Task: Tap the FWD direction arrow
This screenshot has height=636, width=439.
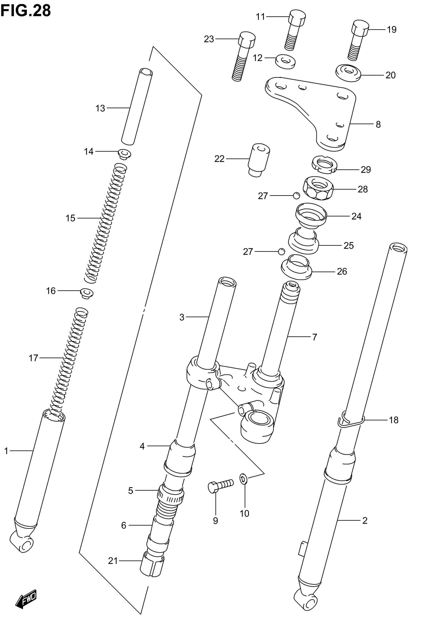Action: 26,599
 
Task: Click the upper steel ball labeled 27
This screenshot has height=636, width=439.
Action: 296,196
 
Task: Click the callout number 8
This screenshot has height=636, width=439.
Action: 378,125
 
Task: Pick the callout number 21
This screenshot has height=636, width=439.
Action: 113,561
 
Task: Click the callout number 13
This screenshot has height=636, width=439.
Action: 100,108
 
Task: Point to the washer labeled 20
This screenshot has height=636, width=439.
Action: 348,73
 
